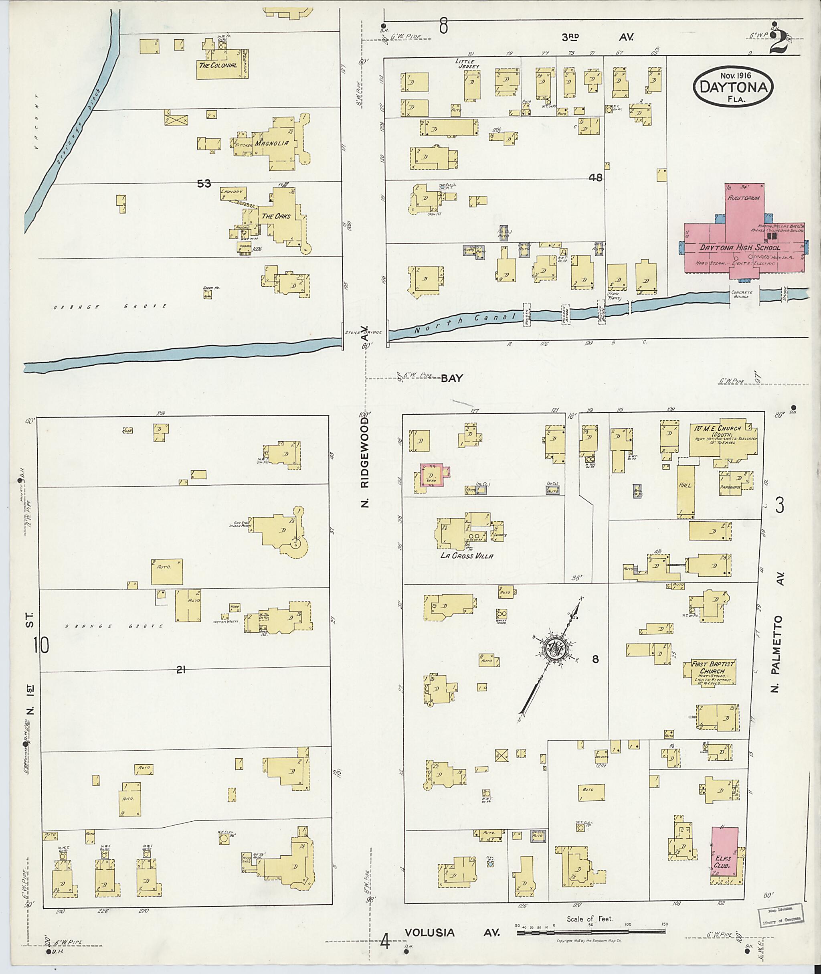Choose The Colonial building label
click(218, 65)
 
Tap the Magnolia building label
click(271, 144)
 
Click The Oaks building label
click(275, 216)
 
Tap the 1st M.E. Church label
click(722, 428)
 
